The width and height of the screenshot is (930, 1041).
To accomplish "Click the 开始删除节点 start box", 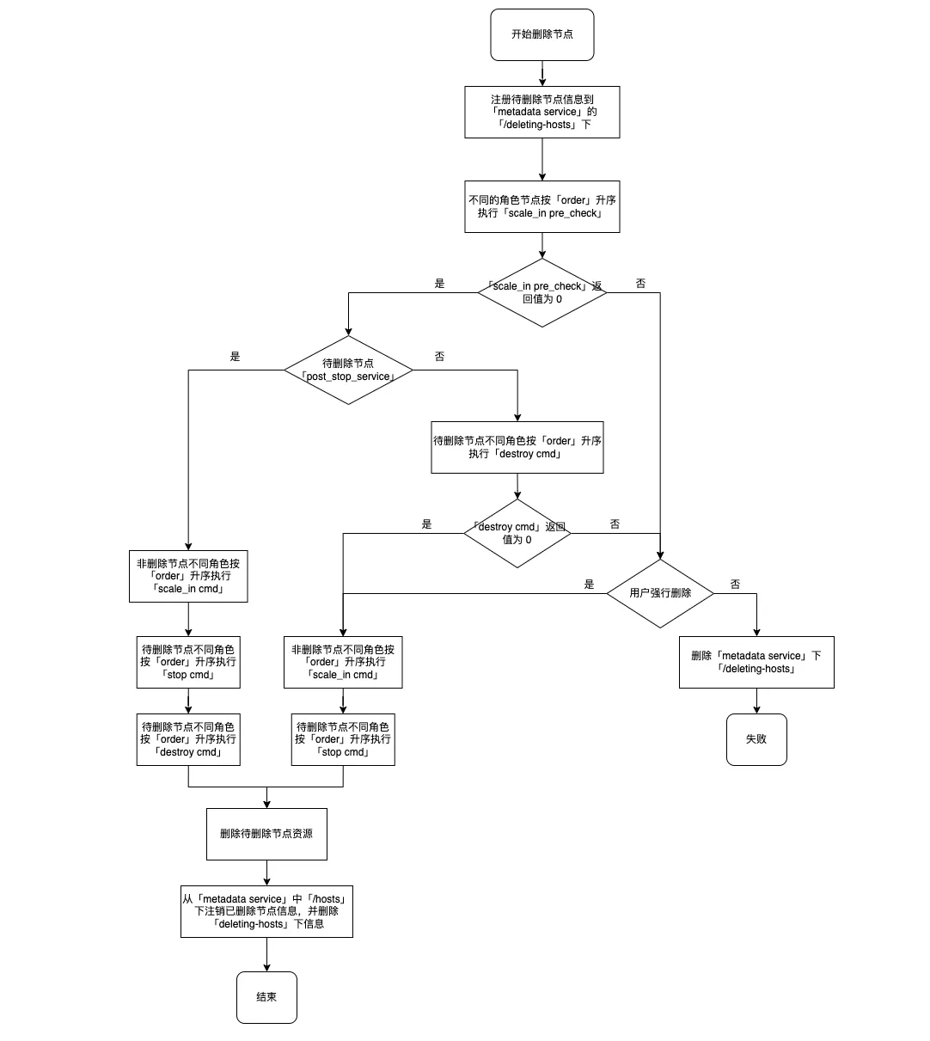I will click(x=542, y=35).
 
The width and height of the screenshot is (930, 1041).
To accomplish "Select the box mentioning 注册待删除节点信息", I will click(x=542, y=112).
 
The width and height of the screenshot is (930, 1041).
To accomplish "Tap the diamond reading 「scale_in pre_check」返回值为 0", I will click(x=542, y=293).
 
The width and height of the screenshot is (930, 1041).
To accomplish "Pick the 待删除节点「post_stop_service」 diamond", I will click(x=348, y=370).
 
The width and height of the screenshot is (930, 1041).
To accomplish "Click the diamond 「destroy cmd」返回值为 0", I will click(x=517, y=534).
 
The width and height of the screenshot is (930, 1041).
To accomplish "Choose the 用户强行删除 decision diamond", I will click(x=660, y=593).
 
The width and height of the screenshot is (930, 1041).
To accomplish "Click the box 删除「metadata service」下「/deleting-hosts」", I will click(x=756, y=662).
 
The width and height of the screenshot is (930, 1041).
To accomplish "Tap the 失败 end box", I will click(x=756, y=739).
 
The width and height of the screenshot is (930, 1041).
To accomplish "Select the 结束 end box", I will click(x=266, y=997).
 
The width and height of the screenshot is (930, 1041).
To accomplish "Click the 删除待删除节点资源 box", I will click(x=266, y=834).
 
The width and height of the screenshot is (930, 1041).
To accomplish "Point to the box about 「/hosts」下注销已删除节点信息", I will click(x=266, y=911).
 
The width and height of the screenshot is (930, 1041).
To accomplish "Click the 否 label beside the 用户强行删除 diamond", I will click(x=735, y=585).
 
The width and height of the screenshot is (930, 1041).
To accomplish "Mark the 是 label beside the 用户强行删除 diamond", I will click(x=589, y=585).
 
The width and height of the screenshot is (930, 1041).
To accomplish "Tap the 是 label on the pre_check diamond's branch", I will click(x=439, y=284).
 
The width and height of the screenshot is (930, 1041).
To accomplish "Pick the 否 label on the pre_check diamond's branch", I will click(x=640, y=284).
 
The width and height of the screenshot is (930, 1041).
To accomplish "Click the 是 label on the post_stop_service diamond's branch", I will click(x=235, y=357).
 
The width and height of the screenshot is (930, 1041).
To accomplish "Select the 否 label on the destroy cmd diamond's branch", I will click(x=615, y=524).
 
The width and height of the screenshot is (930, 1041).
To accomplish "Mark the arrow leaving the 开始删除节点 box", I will click(x=542, y=74).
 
